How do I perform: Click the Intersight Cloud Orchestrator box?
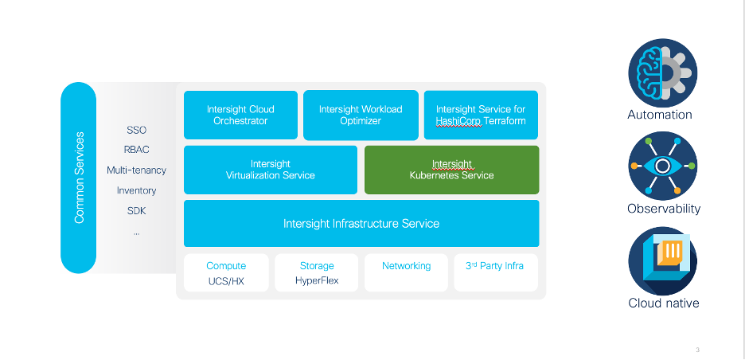tap(240, 115)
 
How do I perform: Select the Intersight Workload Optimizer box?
tap(361, 115)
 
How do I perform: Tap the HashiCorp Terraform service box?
tap(481, 115)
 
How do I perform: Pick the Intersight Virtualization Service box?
tap(271, 170)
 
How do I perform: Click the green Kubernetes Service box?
tap(451, 170)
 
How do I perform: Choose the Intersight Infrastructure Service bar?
tap(361, 224)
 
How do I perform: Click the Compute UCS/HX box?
tap(226, 273)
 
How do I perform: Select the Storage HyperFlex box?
tap(317, 273)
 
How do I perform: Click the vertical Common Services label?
tap(79, 178)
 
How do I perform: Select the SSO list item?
tap(136, 130)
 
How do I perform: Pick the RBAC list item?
tap(136, 150)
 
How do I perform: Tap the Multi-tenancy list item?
tap(136, 170)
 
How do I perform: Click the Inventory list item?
tap(136, 190)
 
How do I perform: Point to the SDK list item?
tap(136, 211)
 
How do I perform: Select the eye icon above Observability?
tap(662, 166)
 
